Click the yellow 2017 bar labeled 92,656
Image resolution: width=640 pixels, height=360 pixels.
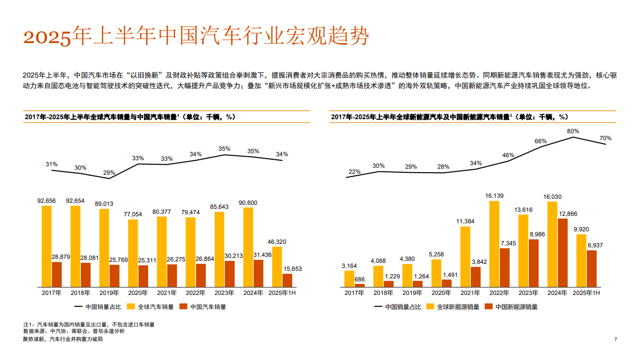coord(47,246)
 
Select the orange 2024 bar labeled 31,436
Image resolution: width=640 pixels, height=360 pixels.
coord(258,273)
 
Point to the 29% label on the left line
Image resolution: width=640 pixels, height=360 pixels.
coord(109,173)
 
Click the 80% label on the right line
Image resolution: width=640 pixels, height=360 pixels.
coord(573,131)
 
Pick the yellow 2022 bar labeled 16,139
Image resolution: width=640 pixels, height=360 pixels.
coord(494,244)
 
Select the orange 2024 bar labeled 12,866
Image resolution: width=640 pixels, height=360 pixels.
coord(562,252)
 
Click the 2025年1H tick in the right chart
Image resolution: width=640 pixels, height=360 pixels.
coord(586,292)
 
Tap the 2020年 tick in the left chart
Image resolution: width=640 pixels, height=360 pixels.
coord(138,292)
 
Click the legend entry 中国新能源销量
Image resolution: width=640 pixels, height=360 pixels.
coord(516,306)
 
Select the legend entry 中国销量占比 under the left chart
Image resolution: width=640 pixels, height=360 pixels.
coord(98,306)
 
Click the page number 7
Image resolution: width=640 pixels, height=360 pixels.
coord(615,339)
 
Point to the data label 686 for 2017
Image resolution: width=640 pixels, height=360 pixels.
coord(360,279)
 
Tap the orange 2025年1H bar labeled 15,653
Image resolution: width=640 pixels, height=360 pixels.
coord(287,280)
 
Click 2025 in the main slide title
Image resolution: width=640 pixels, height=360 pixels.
coord(48,38)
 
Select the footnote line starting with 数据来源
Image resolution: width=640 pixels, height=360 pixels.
coord(74,331)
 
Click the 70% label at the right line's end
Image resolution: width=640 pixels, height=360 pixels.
coord(605,138)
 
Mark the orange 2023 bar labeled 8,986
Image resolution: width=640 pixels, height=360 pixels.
coord(534,263)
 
